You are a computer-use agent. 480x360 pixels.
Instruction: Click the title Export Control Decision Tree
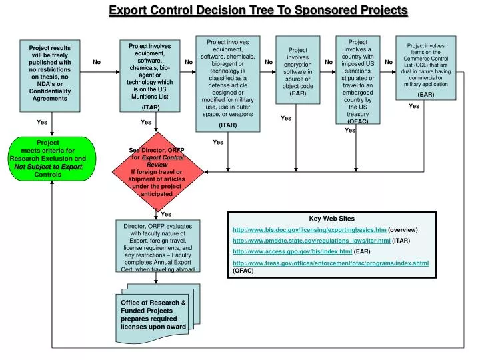pyautogui.click(x=258, y=10)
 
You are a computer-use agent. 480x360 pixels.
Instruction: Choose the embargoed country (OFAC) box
pyautogui.click(x=357, y=80)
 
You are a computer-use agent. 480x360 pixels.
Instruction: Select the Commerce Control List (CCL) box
pyautogui.click(x=426, y=69)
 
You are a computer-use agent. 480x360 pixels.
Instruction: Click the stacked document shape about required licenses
pyautogui.click(x=154, y=314)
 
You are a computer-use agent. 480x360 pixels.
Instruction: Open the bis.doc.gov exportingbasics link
pyautogui.click(x=309, y=229)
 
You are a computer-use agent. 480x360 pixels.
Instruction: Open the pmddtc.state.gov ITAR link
pyautogui.click(x=311, y=240)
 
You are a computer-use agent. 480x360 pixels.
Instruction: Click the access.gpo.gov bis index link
pyautogui.click(x=292, y=251)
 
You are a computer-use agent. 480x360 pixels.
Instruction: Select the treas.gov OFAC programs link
pyautogui.click(x=330, y=263)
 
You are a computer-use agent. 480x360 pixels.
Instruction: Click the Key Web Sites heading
pyautogui.click(x=332, y=218)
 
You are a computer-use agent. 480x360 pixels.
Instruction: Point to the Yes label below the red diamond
pyautogui.click(x=166, y=214)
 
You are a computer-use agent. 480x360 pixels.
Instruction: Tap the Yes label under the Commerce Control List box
pyautogui.click(x=414, y=106)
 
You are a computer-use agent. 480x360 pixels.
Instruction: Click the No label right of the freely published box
pyautogui.click(x=97, y=62)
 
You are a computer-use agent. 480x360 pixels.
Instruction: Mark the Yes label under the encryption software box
pyautogui.click(x=286, y=118)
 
